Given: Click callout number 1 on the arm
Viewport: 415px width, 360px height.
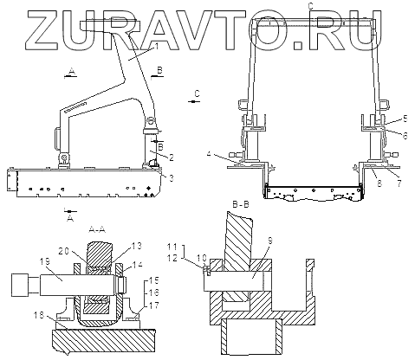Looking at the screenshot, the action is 156,46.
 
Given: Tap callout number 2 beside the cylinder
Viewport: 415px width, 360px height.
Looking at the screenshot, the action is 172,157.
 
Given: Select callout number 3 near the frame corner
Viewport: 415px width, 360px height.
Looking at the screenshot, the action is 172,178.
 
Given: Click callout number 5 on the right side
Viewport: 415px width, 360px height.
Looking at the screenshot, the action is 405,119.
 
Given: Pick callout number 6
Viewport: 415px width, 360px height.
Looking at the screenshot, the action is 405,136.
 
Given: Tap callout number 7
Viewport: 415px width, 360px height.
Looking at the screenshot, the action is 399,183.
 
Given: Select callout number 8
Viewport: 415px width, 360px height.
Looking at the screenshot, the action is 379,183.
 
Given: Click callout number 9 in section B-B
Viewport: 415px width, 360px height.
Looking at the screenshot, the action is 270,241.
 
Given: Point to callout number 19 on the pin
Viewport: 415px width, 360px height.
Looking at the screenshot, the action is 47,261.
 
